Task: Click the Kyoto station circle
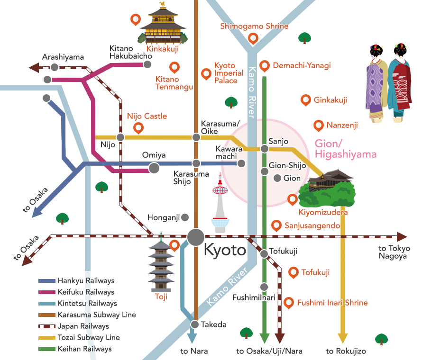(195, 237)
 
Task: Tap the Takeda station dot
(194, 324)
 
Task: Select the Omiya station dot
(154, 168)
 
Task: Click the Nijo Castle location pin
(138, 127)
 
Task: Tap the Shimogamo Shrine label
(254, 26)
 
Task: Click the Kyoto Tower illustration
(220, 204)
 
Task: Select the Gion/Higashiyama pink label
(345, 149)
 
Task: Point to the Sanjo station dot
(265, 149)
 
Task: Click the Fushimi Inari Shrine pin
(289, 302)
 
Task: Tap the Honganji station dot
(185, 217)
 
